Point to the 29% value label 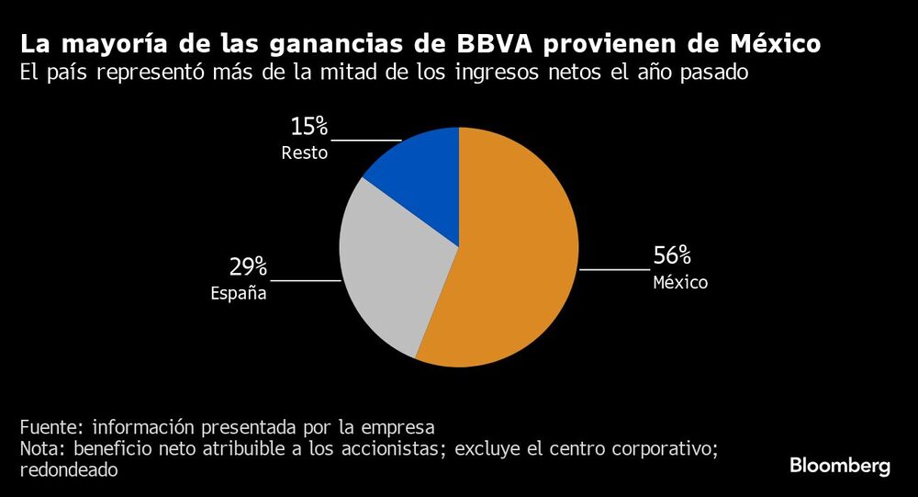[x=248, y=267]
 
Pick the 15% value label [x=309, y=127]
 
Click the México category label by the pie [x=680, y=283]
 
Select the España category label [x=238, y=294]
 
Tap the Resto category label [x=305, y=153]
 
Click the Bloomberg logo [x=840, y=466]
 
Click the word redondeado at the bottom [x=69, y=469]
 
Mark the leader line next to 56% [x=614, y=270]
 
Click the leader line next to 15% [x=365, y=141]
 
